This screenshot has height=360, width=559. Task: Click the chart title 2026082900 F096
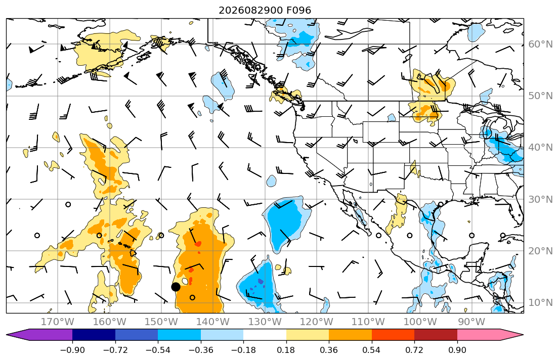265,10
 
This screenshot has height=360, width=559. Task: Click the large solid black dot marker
176,287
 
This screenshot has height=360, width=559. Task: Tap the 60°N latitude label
540,44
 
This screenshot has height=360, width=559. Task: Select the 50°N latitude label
540,96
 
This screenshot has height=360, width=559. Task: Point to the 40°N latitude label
540,148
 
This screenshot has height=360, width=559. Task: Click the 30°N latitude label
540,199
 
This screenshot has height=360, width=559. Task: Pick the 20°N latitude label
540,251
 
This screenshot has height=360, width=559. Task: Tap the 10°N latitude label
540,303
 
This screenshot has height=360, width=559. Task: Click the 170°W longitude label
58,322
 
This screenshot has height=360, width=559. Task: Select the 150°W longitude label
161,322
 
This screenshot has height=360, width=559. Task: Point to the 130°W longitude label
265,322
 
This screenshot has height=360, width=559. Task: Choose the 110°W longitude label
368,322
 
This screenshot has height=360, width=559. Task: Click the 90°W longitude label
471,322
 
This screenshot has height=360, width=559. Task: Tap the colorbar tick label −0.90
72,350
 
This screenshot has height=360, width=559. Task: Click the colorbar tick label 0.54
371,350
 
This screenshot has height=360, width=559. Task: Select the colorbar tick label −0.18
243,350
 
